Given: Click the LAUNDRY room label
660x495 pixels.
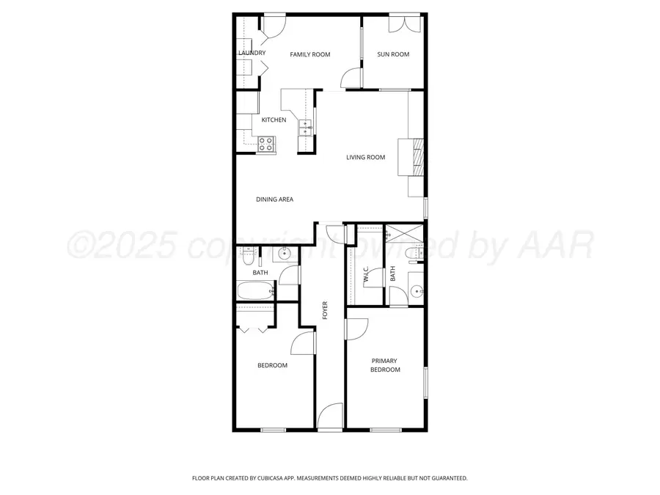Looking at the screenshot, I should coord(252,54).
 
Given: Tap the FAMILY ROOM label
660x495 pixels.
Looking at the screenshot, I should coord(309,54).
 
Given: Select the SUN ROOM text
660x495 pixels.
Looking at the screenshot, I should coord(393,54).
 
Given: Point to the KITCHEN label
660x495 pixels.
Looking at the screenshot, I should coord(274,120).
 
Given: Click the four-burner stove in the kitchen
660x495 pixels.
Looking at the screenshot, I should coord(266,144).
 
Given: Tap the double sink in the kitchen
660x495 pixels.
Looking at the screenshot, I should coord(305,129).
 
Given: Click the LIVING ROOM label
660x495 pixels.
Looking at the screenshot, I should coord(366,157).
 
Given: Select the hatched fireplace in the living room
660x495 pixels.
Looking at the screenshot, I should coord(417,157).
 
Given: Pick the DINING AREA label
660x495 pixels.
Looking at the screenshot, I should coord(274,199).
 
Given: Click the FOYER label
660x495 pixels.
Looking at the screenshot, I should coord(326,310).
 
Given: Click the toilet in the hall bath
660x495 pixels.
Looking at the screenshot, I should coord(248,258).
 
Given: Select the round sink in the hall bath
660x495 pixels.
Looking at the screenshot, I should coord(285,255).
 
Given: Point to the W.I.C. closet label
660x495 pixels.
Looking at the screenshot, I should coord(366,274).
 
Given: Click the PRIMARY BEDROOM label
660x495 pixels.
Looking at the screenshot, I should coord(385,365).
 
